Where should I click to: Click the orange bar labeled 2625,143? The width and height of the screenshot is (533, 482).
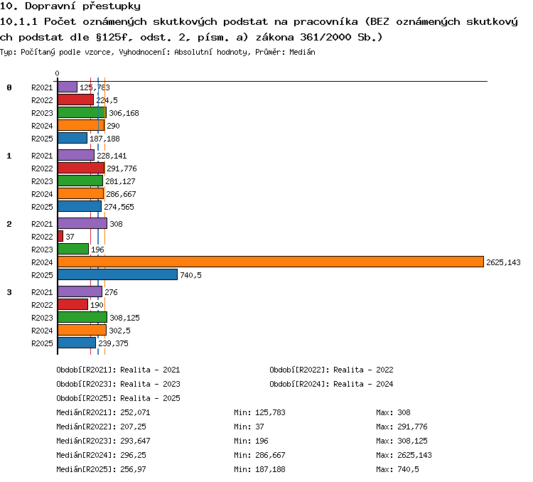pyautogui.click(x=271, y=262)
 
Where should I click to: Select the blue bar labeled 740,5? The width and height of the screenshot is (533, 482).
pyautogui.click(x=117, y=274)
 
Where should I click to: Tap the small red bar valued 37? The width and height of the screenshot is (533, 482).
pyautogui.click(x=60, y=236)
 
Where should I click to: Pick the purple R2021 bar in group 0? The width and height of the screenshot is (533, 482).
pyautogui.click(x=68, y=87)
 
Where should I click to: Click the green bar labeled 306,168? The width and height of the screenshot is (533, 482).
pyautogui.click(x=82, y=112)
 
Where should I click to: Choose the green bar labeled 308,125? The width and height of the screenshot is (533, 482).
pyautogui.click(x=82, y=317)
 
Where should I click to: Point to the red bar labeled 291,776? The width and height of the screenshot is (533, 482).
pyautogui.click(x=81, y=168)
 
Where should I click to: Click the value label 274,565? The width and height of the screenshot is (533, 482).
pyautogui.click(x=119, y=207)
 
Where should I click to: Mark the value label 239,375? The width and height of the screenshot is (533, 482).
pyautogui.click(x=113, y=343)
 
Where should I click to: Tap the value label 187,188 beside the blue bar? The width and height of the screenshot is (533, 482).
pyautogui.click(x=104, y=139)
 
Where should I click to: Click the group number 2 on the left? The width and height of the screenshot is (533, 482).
pyautogui.click(x=9, y=224)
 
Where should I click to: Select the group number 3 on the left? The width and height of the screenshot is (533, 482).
pyautogui.click(x=9, y=292)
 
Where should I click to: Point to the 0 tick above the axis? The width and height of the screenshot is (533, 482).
pyautogui.click(x=57, y=73)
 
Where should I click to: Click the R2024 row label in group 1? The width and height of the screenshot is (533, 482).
pyautogui.click(x=42, y=194)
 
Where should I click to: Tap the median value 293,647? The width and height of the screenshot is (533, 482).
pyautogui.click(x=135, y=441)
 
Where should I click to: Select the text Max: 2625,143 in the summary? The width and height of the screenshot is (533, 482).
pyautogui.click(x=404, y=455)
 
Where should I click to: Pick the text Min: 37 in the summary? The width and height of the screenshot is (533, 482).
pyautogui.click(x=249, y=427)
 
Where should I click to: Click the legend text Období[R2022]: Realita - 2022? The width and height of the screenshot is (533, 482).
pyautogui.click(x=331, y=370)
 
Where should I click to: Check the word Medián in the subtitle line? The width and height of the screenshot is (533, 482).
pyautogui.click(x=302, y=52)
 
